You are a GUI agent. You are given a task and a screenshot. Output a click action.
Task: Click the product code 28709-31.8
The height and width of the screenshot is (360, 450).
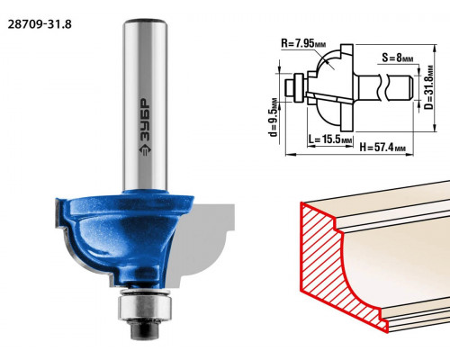40,24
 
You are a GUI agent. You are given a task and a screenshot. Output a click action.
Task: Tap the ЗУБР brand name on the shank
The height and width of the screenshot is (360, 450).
145,120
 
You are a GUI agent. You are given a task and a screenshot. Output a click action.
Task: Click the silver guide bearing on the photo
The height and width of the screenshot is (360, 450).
145,306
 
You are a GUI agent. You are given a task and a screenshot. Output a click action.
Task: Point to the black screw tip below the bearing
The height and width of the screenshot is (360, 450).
145,330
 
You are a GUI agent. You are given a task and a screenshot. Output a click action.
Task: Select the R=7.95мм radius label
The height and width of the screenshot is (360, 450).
303,44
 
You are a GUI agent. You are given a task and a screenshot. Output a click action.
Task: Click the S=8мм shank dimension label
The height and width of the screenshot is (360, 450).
398,58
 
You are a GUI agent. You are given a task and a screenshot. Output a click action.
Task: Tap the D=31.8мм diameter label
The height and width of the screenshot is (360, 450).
430,87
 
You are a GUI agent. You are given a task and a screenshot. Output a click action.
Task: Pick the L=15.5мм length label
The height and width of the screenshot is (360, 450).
330,139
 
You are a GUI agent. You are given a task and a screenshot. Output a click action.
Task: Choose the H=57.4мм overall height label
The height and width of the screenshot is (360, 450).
382,148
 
